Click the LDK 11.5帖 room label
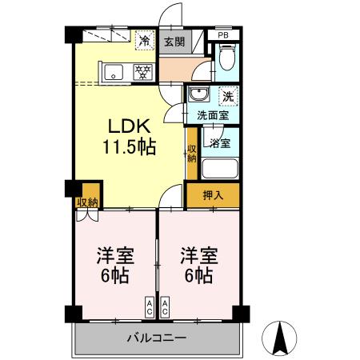coord(127,137)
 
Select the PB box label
coord(223,36)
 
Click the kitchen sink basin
coord(114,71)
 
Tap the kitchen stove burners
coord(143,71)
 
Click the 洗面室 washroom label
coord(213,114)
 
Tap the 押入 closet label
coord(212,194)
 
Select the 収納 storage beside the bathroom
coord(192,151)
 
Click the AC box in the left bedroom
coord(149,307)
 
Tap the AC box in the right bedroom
coord(165,307)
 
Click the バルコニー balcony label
coord(157,338)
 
